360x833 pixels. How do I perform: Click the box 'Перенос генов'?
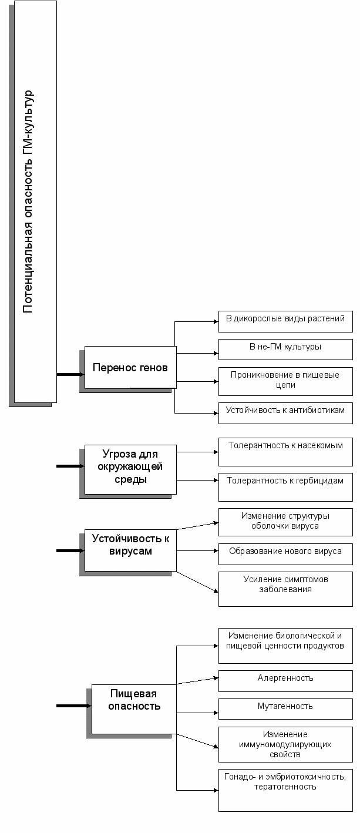coord(130,367)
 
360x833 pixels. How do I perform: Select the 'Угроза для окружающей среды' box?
coord(130,469)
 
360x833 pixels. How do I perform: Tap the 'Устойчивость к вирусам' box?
coord(130,550)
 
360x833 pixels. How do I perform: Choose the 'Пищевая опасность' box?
coord(134,709)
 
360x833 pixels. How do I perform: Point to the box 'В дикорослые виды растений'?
coord(285,321)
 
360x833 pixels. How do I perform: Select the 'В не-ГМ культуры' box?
coord(285,349)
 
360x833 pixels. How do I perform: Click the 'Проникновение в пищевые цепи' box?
coord(285,381)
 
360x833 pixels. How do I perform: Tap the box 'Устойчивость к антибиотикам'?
coord(285,413)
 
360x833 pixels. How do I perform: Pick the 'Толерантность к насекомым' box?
coord(285,452)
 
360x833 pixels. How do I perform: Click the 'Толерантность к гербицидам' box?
coord(285,487)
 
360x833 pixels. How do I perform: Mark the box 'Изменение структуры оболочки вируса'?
coord(285,522)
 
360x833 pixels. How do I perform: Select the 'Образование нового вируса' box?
coord(285,554)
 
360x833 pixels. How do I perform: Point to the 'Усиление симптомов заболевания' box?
coord(285,589)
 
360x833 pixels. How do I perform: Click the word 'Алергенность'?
coord(285,678)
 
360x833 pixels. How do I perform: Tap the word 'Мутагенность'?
coord(285,706)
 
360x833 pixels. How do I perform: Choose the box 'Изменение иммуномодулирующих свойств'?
coord(285,744)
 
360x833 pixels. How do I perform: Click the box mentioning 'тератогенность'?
coord(285,790)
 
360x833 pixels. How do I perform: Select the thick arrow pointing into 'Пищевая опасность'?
coord(74,706)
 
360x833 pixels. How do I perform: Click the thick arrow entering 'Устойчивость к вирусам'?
coord(70,551)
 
